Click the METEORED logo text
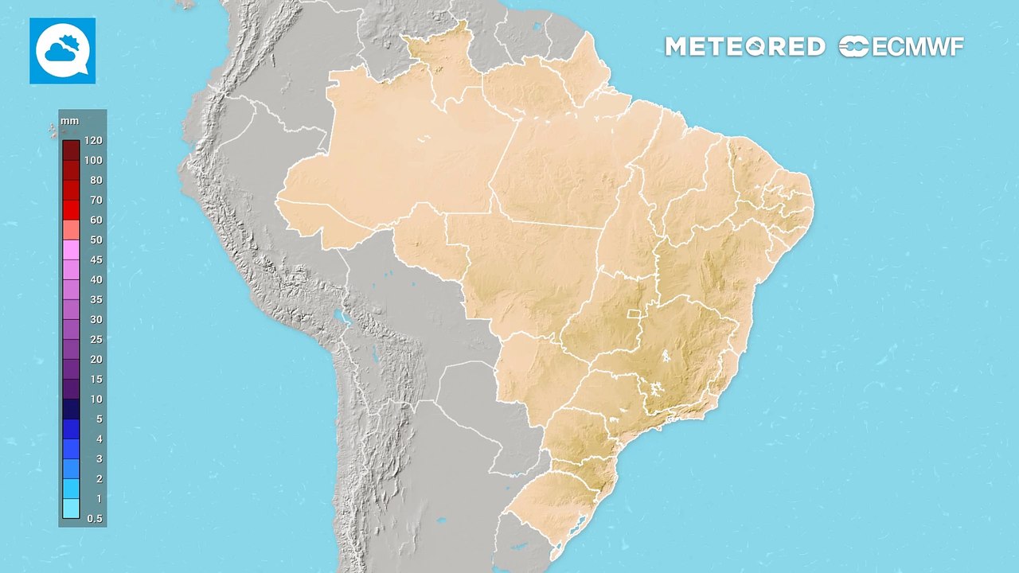tap(744, 47)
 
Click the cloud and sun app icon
tap(62, 51)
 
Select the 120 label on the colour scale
tap(93, 140)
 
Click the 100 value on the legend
tap(93, 160)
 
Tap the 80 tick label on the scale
tap(96, 180)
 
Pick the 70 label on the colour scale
tap(96, 200)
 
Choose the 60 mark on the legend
tap(96, 220)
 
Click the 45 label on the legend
tap(96, 259)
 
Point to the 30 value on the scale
tap(96, 319)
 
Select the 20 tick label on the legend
tap(96, 359)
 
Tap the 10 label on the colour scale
tap(96, 399)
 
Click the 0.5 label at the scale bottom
tap(94, 518)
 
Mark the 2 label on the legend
tap(99, 478)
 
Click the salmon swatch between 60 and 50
tap(71, 229)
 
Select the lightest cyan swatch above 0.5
tap(71, 508)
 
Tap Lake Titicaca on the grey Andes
tap(342, 318)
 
